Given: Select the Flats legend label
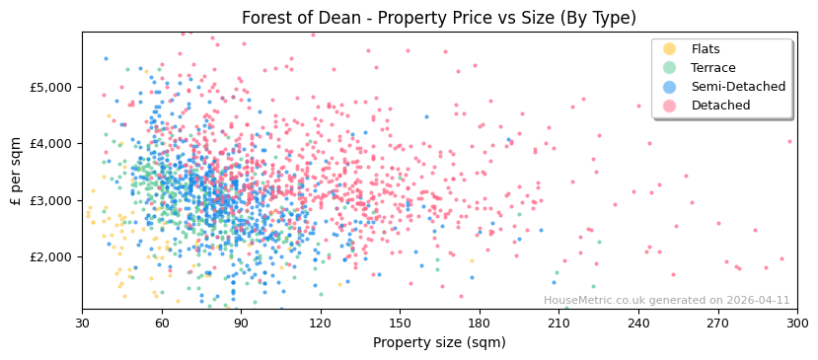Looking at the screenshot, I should (x=706, y=49).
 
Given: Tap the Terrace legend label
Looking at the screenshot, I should (x=712, y=68).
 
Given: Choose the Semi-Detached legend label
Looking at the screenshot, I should (x=738, y=87).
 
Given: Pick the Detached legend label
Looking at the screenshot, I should (x=720, y=106).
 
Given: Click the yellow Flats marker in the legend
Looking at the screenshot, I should (x=670, y=49).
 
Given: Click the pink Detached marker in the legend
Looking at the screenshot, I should (x=670, y=106).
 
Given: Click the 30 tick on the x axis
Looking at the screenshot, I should (x=82, y=323).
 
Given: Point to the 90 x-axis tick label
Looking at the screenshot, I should (x=241, y=323).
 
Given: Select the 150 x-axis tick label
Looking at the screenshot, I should (x=400, y=323).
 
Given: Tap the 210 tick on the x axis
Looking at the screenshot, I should (x=558, y=323).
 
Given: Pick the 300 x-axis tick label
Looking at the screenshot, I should (x=797, y=323).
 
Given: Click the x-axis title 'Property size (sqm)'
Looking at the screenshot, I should (x=439, y=342).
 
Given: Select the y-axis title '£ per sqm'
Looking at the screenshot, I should (x=17, y=170).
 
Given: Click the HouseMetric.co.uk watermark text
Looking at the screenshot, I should (x=666, y=301).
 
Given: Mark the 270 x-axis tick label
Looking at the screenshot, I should (x=717, y=323).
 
